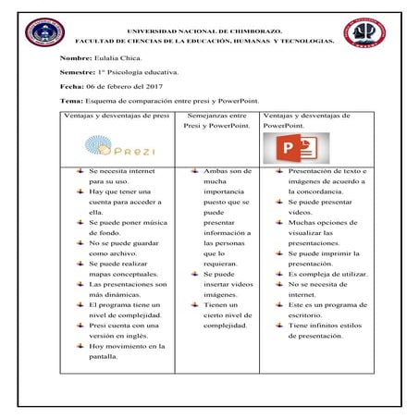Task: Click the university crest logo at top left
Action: pos(43,33)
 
